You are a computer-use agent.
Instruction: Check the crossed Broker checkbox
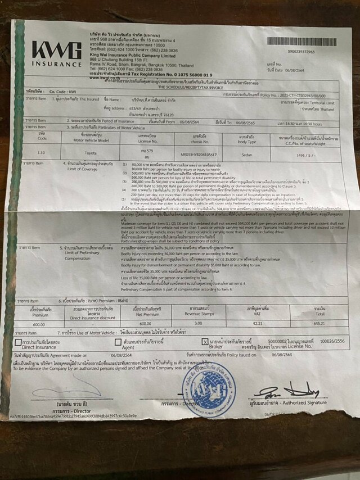tap(205, 342)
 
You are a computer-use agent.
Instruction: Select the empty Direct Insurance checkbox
tap(19, 342)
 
